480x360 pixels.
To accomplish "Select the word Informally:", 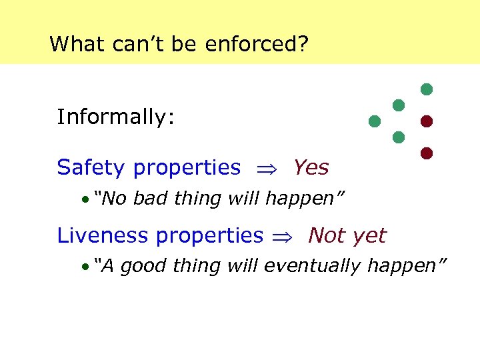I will (x=116, y=117).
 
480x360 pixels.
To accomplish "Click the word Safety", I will (x=92, y=167).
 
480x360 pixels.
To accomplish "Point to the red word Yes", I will (x=311, y=167).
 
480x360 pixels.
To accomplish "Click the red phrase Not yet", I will (x=347, y=235).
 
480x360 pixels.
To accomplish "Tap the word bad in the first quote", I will (x=151, y=198).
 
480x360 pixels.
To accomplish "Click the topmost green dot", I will (x=427, y=89).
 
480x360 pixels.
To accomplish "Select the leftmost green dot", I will (x=375, y=121).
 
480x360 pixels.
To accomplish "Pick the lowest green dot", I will (x=399, y=137).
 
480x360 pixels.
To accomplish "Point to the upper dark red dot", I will (x=427, y=121).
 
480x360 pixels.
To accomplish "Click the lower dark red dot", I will (x=427, y=153).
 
